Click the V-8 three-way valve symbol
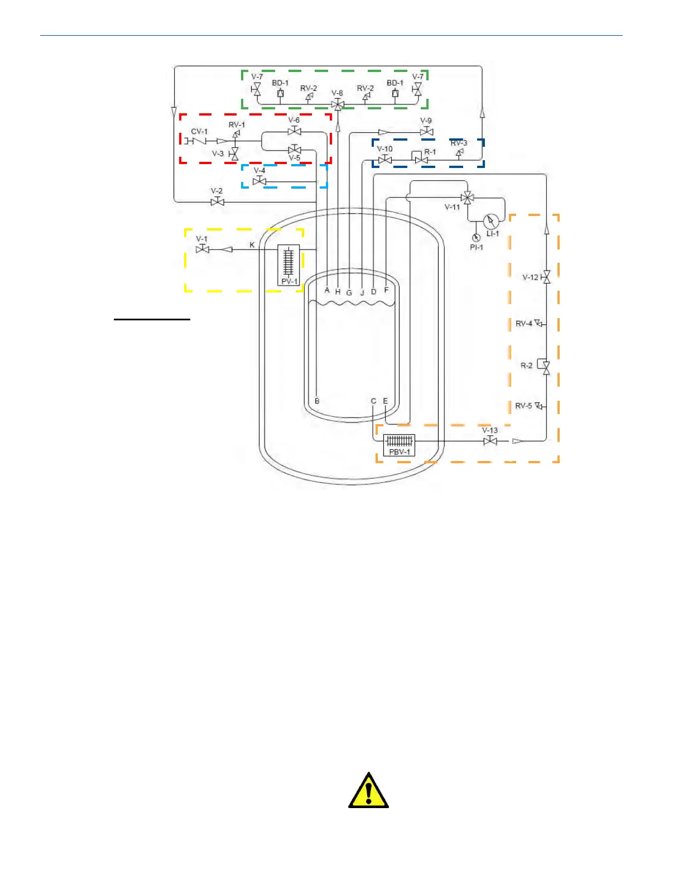338,104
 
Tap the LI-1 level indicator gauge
491,222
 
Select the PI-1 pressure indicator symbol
476,238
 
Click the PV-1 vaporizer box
288,265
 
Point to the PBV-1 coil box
400,444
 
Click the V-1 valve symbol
203,249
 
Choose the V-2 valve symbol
218,201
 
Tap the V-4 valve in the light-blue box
259,181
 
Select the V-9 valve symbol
426,132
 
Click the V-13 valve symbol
490,441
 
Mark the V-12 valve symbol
546,277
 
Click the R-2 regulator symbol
546,366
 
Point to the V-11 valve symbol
468,198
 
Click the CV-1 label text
199,132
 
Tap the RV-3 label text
459,143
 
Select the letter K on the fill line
252,245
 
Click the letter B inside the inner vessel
317,401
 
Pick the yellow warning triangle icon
368,791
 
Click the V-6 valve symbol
294,131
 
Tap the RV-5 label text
523,406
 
